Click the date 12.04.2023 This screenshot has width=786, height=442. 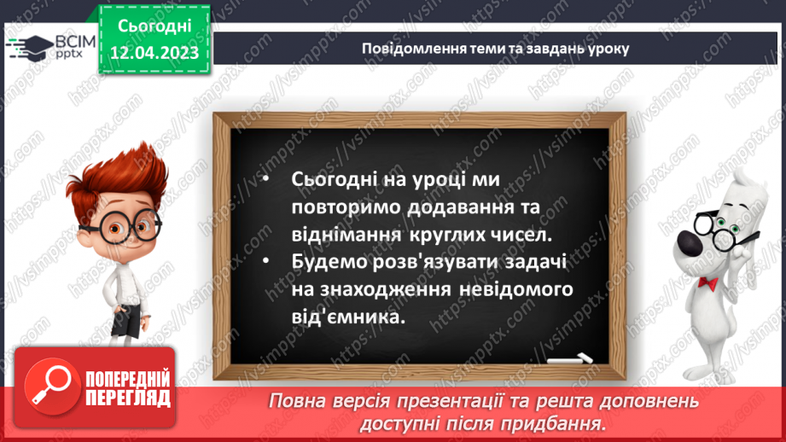pyautogui.click(x=154, y=54)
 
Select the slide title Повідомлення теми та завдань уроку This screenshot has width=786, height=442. pyautogui.click(x=495, y=48)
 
